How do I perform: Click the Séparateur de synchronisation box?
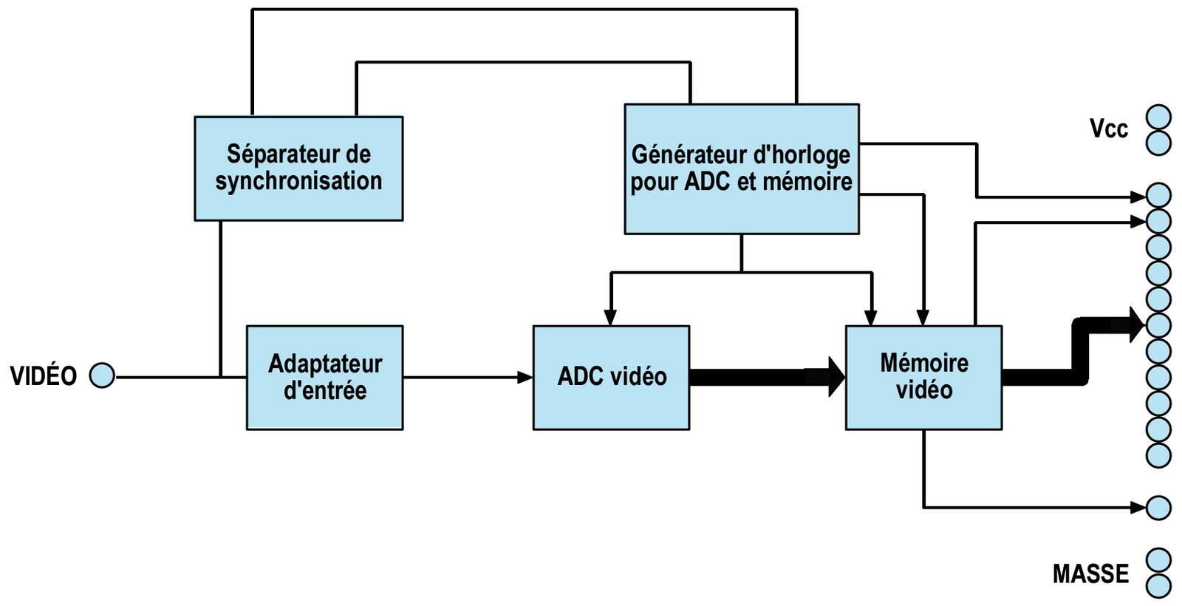(298, 168)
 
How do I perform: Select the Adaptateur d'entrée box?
(324, 377)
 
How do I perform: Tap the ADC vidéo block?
(611, 377)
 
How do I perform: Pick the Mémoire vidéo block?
(923, 377)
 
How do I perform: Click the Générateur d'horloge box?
(741, 168)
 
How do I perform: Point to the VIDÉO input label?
(43, 376)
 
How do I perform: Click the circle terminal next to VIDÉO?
(102, 376)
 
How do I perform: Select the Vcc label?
(1108, 129)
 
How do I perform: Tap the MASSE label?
(1090, 574)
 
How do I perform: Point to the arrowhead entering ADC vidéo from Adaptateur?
(525, 378)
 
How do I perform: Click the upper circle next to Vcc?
(1158, 118)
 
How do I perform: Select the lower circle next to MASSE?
(1158, 586)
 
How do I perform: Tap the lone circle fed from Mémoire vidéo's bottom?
(1158, 508)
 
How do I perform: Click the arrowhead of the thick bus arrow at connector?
(1138, 324)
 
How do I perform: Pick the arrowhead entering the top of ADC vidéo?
(610, 317)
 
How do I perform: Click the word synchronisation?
(298, 181)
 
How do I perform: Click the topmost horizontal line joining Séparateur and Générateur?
(525, 10)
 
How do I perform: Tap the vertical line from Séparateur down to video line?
(220, 296)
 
